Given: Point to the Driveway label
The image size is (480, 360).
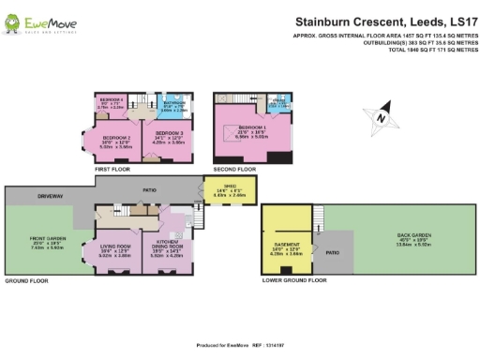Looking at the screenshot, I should click(x=51, y=197).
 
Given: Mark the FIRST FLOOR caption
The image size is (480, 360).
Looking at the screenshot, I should click(x=112, y=169).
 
